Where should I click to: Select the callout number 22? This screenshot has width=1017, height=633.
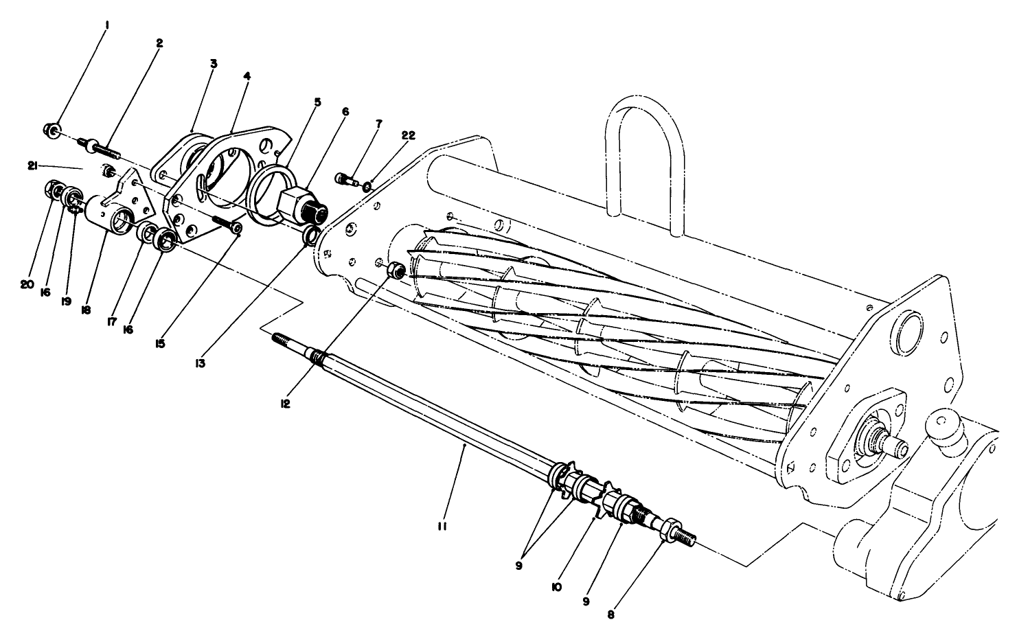408,135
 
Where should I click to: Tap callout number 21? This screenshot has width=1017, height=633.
32,167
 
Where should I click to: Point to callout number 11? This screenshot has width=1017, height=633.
442,527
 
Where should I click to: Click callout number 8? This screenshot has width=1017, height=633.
610,615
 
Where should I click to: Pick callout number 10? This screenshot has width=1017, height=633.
556,588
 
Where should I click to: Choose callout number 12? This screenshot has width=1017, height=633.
285,404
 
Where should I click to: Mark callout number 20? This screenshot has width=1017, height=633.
27,285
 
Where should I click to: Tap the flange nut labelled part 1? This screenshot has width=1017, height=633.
52,130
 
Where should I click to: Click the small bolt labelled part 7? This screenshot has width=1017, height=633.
346,180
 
